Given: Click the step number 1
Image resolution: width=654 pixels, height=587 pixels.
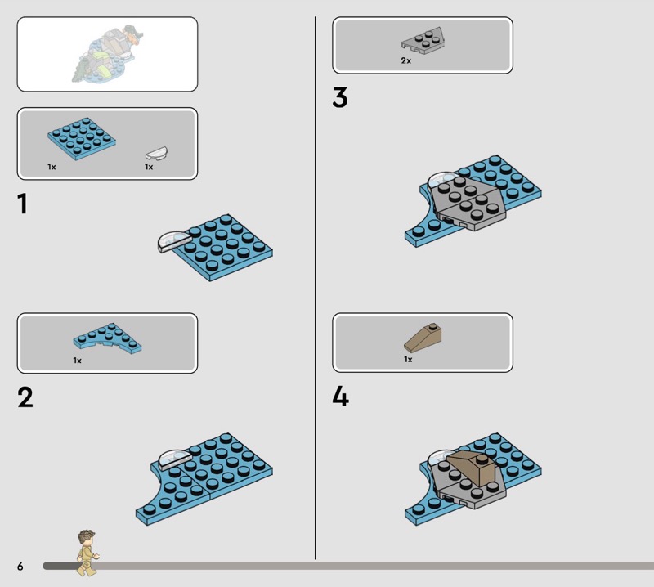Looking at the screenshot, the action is (x=23, y=204).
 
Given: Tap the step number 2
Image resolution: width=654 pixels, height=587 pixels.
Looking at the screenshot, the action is (x=25, y=397).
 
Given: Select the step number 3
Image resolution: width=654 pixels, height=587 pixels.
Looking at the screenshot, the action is (x=340, y=97).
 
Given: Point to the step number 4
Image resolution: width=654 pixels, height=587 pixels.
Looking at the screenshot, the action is (x=340, y=396).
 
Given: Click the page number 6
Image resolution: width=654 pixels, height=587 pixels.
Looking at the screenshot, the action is (x=20, y=566).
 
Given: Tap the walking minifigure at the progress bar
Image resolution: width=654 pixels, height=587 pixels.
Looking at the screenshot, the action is (x=87, y=553).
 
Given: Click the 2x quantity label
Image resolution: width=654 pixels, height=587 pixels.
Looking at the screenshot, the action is (x=405, y=61).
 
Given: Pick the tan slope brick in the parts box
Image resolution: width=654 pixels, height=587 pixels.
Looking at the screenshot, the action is (x=423, y=338).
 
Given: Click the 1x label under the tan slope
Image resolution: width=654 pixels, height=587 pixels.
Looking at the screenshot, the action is (x=408, y=359).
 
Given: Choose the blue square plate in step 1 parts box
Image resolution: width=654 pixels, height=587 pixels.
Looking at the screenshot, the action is (x=82, y=138).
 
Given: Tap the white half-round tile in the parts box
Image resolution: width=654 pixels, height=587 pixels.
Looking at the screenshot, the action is (x=156, y=153).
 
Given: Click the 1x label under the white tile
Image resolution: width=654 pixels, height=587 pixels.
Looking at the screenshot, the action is (x=149, y=167).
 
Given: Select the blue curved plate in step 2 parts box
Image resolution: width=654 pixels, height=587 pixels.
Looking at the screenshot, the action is (x=108, y=338).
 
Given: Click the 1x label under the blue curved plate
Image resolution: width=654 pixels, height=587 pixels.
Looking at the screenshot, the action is (x=77, y=360).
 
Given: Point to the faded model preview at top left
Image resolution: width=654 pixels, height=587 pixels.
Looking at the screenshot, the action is (x=107, y=54).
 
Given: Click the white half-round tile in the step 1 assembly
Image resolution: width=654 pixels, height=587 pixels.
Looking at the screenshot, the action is (x=174, y=242).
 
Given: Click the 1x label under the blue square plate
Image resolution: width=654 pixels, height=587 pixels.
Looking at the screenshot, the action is (x=52, y=167).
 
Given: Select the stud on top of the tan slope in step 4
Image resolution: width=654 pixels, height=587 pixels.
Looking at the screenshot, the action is (x=482, y=459).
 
